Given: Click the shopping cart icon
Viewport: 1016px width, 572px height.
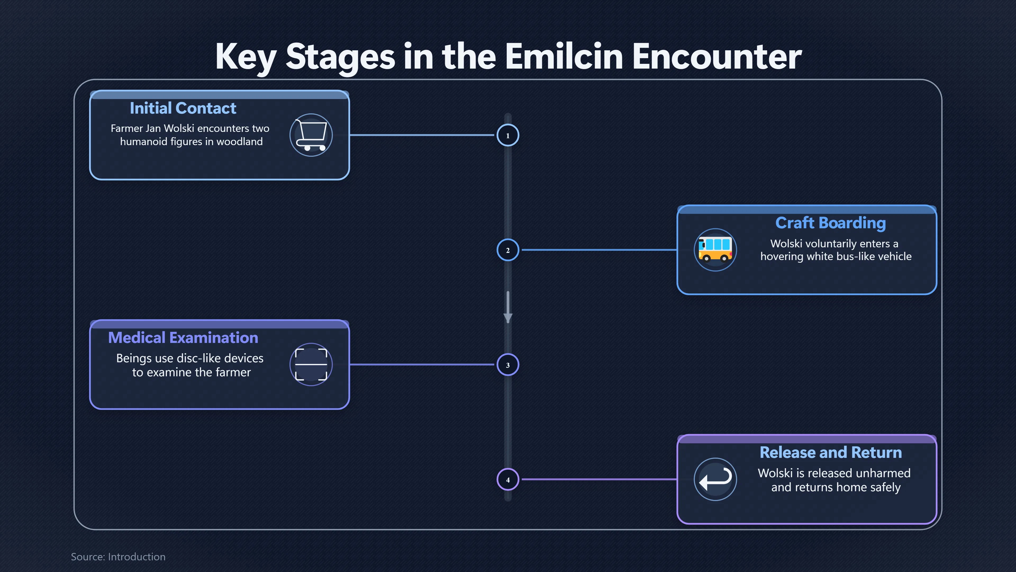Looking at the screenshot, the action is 311,135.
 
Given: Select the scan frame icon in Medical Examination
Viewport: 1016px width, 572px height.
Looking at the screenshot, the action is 311,364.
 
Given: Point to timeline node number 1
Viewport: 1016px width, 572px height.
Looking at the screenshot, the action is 508,135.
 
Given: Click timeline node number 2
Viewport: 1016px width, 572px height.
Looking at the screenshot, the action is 508,250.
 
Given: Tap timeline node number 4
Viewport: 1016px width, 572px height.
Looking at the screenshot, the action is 508,480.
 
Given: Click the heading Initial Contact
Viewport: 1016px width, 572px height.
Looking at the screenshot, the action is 183,108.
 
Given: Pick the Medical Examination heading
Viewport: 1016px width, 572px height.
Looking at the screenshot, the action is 183,338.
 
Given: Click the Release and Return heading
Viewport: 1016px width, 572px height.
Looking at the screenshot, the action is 831,452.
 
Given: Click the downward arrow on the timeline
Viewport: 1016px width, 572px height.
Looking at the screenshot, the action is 508,307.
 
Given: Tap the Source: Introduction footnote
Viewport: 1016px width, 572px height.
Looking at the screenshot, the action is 118,557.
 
